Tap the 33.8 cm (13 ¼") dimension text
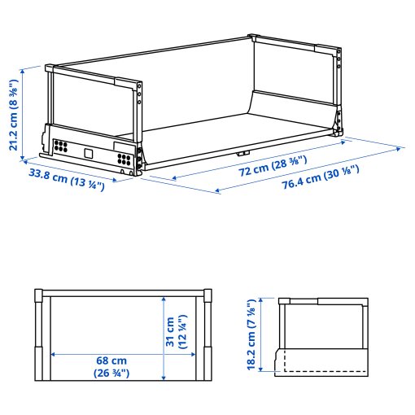coord(67,180)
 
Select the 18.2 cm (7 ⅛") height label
coord(251,335)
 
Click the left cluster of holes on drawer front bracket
coord(59,147)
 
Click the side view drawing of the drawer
coord(321,335)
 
